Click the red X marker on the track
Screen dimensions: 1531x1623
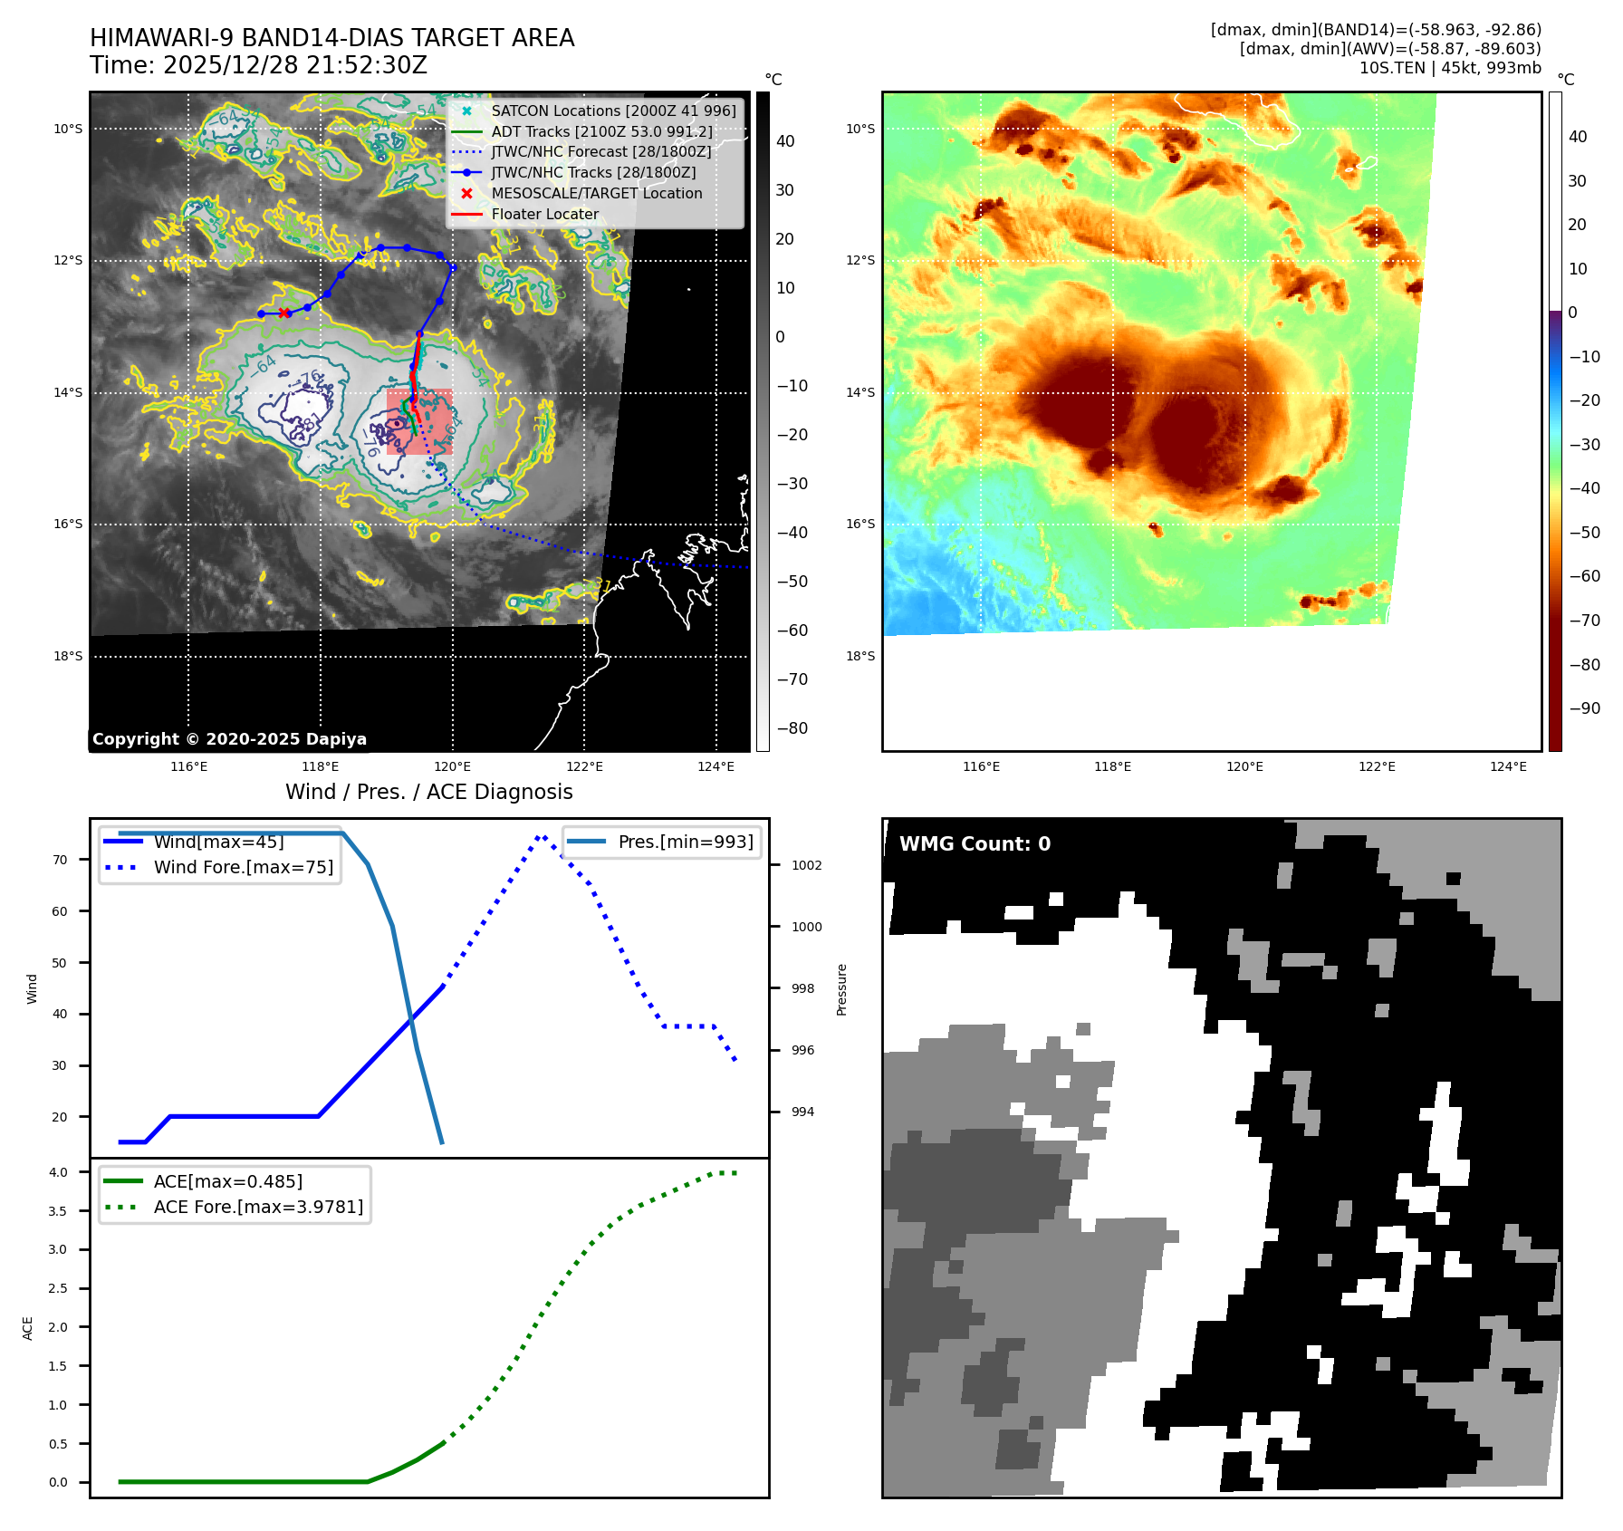coord(284,313)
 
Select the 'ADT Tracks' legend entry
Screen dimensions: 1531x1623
coord(601,131)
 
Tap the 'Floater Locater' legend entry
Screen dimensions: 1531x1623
coord(544,214)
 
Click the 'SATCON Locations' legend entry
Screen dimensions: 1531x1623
coord(613,111)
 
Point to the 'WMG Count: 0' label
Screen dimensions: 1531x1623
coord(975,843)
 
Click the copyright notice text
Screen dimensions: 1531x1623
coord(229,739)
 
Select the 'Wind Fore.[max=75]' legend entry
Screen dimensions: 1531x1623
coord(243,867)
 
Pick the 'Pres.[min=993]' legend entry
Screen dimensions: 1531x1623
coord(685,842)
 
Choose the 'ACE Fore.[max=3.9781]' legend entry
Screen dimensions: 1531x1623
coord(258,1207)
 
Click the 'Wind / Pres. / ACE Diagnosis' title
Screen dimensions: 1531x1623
coord(429,792)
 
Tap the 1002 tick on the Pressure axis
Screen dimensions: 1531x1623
coord(806,865)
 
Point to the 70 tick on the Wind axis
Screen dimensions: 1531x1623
coord(60,860)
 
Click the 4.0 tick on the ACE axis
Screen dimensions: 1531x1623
coord(58,1172)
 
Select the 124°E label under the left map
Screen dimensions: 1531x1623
coord(715,766)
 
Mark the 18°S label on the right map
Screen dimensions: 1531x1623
coord(860,656)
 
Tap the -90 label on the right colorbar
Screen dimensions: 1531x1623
coord(1584,708)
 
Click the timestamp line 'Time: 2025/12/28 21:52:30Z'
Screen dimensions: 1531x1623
coord(258,65)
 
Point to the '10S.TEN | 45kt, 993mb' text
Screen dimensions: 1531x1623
coord(1450,68)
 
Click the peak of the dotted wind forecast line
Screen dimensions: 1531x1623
coord(541,837)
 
